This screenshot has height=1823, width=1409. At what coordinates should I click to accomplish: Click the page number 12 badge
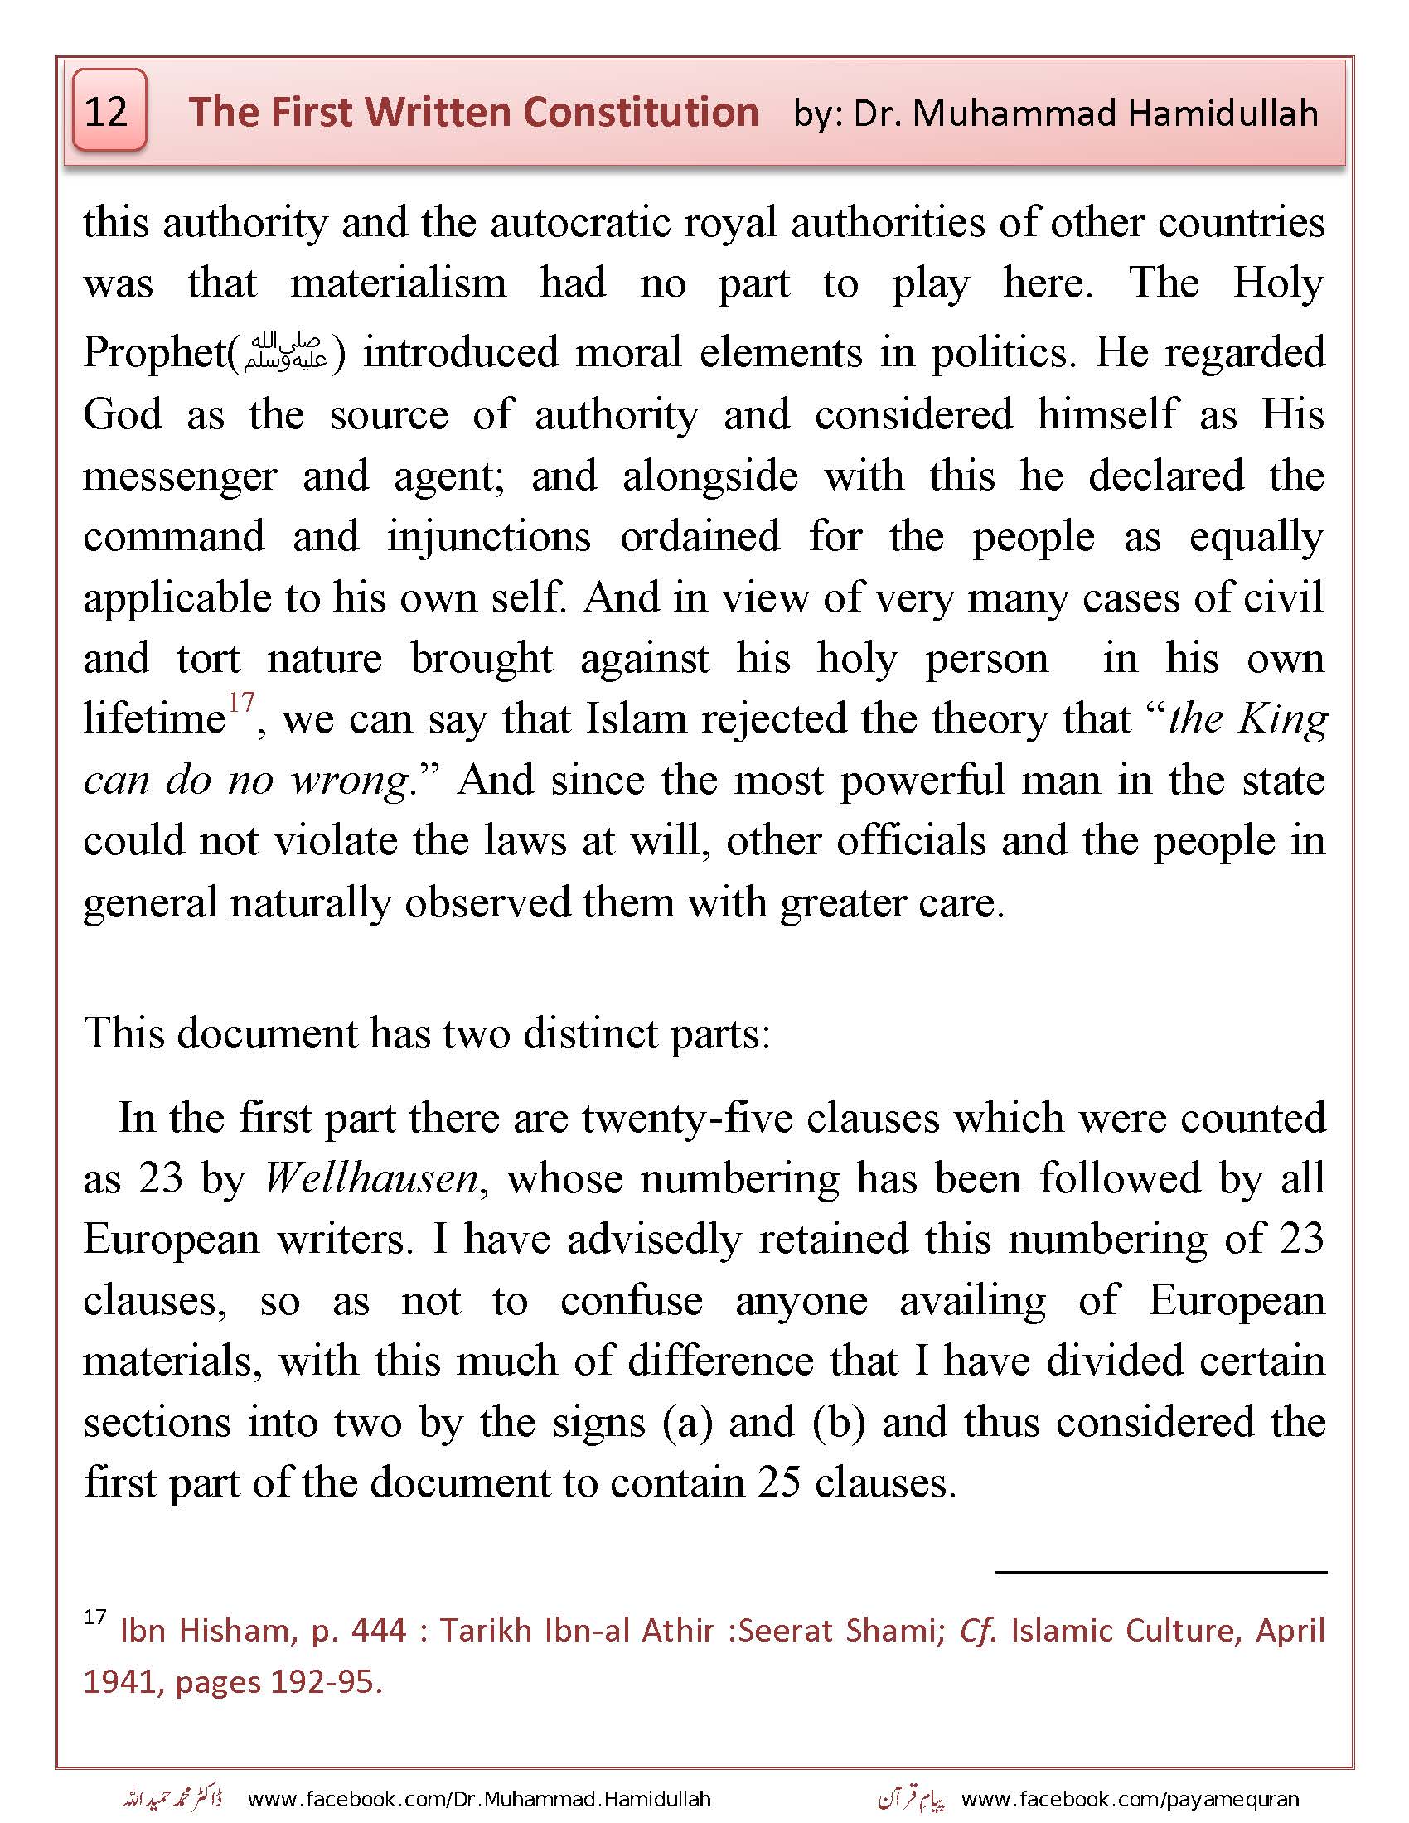coord(109,111)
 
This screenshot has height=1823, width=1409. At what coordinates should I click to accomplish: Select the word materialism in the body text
coord(398,283)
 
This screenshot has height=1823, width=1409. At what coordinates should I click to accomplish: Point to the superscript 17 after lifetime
coord(241,703)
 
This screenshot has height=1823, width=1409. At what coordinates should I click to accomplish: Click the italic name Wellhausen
coord(370,1178)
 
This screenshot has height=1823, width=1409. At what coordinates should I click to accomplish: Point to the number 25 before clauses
coord(781,1483)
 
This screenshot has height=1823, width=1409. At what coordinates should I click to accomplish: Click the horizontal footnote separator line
coord(1160,1572)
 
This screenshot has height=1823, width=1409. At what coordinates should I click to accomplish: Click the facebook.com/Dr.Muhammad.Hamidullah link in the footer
coord(479,1799)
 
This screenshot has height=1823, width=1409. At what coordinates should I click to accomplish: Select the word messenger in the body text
coord(180,476)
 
